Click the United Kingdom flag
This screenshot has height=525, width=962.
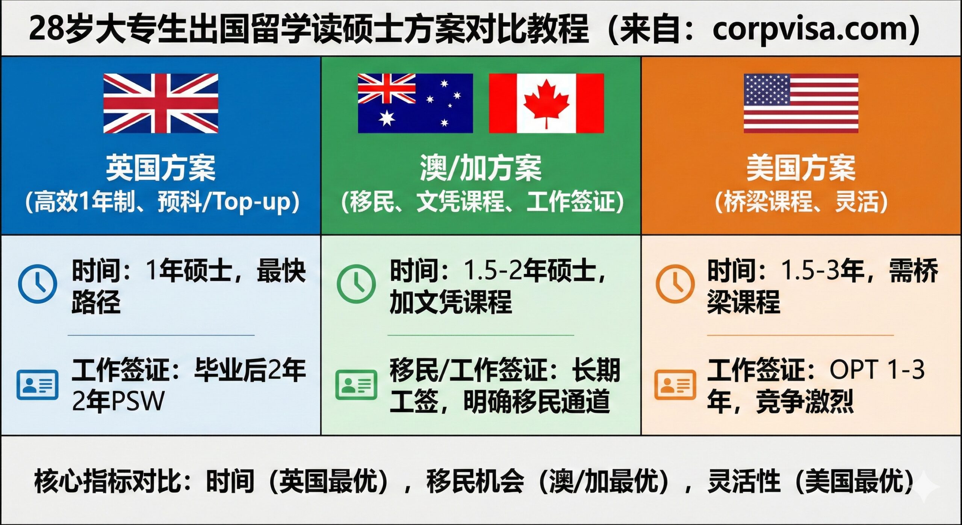pyautogui.click(x=160, y=103)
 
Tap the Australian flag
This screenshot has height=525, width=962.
pyautogui.click(x=415, y=103)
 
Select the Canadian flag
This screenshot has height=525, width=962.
pyautogui.click(x=546, y=103)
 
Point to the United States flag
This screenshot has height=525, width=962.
pyautogui.click(x=801, y=103)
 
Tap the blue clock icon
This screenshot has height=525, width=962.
pyautogui.click(x=38, y=284)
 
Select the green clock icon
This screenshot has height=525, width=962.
pyautogui.click(x=356, y=284)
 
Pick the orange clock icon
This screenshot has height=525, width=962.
pyautogui.click(x=675, y=284)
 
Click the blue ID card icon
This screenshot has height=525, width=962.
pyautogui.click(x=38, y=384)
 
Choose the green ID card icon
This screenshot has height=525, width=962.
pyautogui.click(x=356, y=384)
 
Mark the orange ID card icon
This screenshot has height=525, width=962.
pyautogui.click(x=675, y=384)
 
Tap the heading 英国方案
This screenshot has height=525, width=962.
pyautogui.click(x=160, y=168)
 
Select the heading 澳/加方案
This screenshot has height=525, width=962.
pyautogui.click(x=481, y=168)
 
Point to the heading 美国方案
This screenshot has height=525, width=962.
pyautogui.click(x=801, y=168)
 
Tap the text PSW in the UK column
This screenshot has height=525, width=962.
pyautogui.click(x=138, y=401)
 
